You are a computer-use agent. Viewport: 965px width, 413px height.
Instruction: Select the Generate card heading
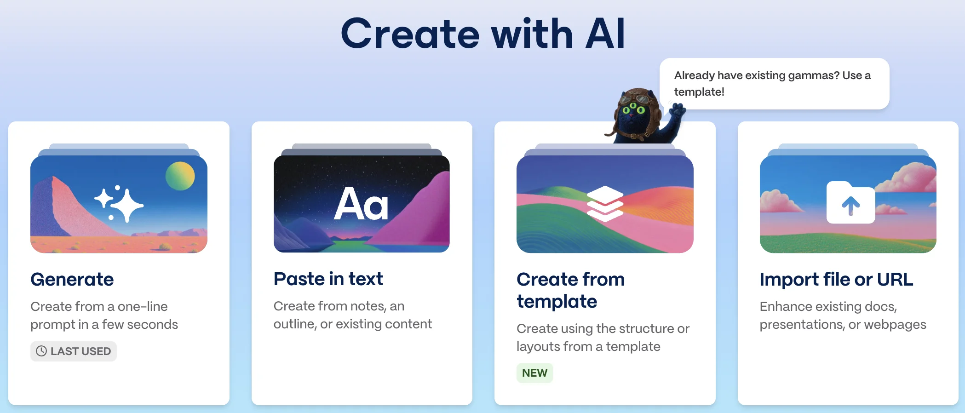[x=72, y=279]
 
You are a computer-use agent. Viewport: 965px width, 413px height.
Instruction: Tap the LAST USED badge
[x=74, y=351]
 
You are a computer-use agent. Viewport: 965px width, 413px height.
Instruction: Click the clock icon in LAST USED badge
[x=41, y=351]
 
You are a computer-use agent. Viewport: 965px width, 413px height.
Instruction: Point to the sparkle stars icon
[x=119, y=204]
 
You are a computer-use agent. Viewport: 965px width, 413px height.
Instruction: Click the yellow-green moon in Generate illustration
[x=180, y=176]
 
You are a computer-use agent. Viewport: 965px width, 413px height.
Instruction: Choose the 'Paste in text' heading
[x=328, y=279]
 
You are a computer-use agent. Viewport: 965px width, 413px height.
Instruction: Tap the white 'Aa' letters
[x=361, y=204]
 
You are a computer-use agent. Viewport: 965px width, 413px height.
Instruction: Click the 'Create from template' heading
[x=571, y=290]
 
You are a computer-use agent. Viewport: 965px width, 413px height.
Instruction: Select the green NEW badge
[x=535, y=373]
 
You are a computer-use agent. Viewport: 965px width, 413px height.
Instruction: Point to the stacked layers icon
[x=605, y=204]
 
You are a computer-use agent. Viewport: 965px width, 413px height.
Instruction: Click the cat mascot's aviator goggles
[x=633, y=98]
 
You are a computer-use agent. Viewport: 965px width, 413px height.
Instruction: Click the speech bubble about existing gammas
[x=774, y=84]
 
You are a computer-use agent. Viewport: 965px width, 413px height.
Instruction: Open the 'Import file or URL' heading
[x=836, y=279]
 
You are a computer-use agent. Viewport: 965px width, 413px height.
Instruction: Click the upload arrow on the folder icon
[x=851, y=206]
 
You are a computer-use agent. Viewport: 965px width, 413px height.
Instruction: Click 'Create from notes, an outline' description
[x=353, y=315]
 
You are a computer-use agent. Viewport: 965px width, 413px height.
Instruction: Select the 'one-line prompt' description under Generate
[x=104, y=315]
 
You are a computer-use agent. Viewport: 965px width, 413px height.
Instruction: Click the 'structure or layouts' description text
[x=603, y=338]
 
